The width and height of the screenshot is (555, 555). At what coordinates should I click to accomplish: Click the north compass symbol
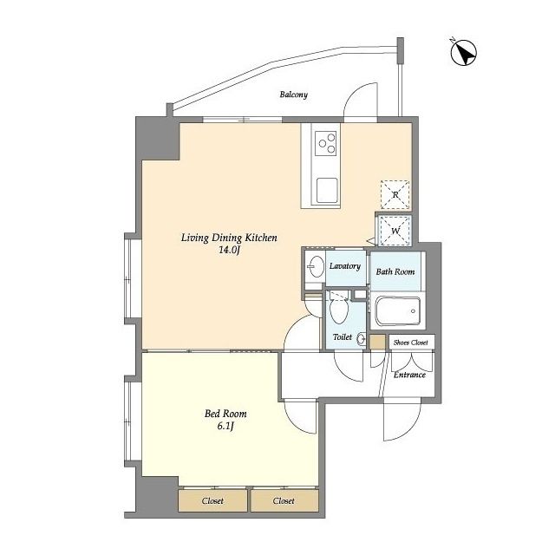pos(463,53)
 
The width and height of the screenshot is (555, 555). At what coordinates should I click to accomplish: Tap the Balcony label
pos(293,95)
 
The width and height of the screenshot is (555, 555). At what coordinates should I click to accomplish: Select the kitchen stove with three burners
pos(327,143)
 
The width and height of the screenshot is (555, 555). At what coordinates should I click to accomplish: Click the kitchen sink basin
pos(327,190)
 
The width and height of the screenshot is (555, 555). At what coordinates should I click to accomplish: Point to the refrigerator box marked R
pos(395,194)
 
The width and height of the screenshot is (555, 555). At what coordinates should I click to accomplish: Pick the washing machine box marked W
pos(395,231)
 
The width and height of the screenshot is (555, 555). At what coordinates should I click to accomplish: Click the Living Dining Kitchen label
pos(229,238)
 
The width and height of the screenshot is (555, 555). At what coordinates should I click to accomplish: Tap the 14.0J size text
pos(229,251)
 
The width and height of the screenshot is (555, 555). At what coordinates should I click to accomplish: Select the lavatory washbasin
pos(316,266)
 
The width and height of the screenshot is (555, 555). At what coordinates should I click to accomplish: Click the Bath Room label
pos(395,271)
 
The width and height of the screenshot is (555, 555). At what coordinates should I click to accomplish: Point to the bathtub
pos(397,310)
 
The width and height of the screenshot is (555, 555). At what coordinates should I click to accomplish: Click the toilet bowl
pos(339,309)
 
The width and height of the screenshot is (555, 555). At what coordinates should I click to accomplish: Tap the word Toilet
pos(343,337)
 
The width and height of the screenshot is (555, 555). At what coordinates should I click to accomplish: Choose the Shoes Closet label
pos(410,343)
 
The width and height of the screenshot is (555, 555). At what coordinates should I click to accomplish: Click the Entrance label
pos(409,375)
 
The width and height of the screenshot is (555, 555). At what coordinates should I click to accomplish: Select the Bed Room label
pos(225,414)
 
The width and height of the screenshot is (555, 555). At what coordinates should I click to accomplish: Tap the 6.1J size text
pos(225,426)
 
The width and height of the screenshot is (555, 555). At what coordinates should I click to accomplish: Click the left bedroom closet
pos(212,500)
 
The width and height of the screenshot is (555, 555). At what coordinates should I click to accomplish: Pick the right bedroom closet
pos(284,500)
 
